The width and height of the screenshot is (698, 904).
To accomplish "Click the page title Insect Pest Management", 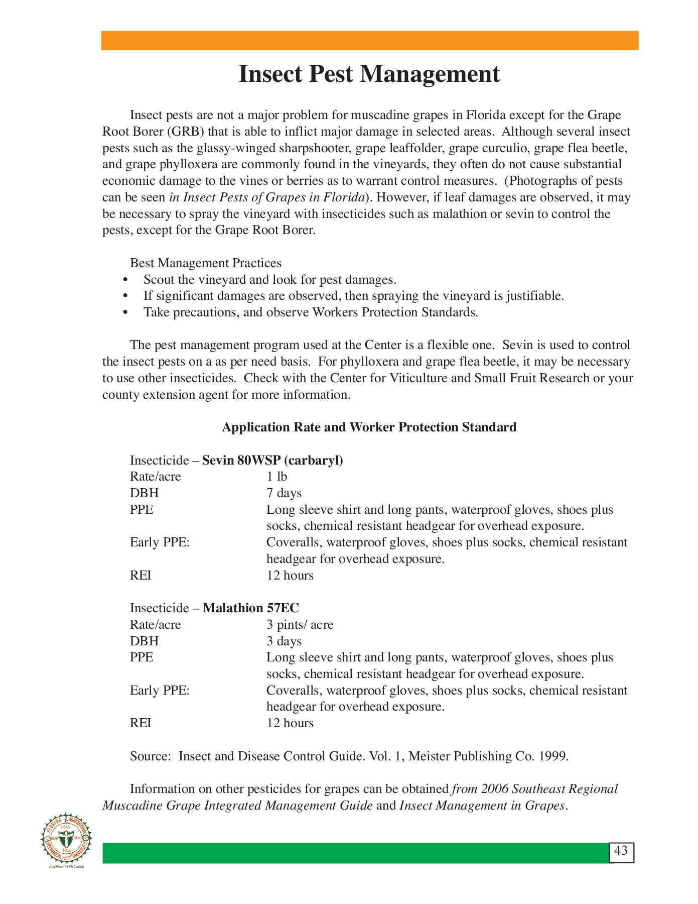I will tap(369, 74).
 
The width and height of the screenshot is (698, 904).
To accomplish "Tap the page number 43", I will tap(621, 851).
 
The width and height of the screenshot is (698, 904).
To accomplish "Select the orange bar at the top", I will tap(369, 41).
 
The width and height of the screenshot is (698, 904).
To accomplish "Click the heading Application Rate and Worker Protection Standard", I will tap(369, 427).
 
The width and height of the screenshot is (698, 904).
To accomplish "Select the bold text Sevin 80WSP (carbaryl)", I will tap(272, 461).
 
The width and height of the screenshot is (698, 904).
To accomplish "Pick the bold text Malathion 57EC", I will tap(250, 608).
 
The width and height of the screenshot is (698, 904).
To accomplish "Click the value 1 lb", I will tap(276, 477).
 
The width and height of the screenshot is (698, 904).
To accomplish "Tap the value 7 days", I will tap(284, 493).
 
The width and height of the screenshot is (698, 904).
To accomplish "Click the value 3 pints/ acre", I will tap(300, 625).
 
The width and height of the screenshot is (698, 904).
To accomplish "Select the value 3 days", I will tap(284, 641).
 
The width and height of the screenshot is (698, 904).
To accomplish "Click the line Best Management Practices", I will tap(206, 263).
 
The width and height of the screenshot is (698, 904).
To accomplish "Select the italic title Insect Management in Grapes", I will tap(482, 806).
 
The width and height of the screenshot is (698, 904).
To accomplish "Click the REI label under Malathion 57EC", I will tap(141, 723).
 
